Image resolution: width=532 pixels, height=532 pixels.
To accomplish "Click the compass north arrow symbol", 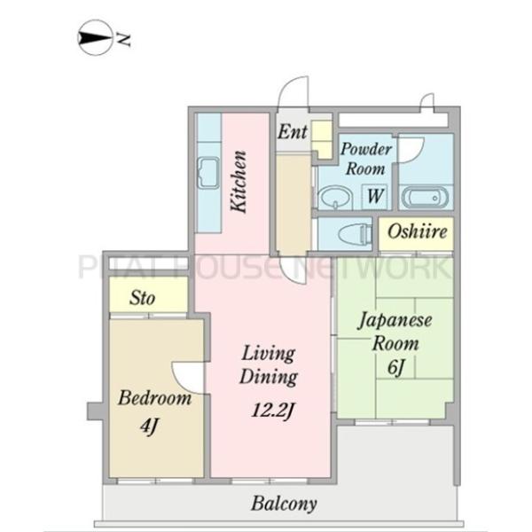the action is (95, 37).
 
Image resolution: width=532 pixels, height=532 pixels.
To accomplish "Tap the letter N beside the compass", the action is (123, 40).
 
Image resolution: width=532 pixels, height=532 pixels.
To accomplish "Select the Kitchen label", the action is (239, 182).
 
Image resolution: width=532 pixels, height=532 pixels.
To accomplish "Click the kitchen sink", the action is (208, 174).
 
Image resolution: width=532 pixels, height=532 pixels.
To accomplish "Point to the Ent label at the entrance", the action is (293, 131).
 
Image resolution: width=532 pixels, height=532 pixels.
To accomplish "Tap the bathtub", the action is (426, 198).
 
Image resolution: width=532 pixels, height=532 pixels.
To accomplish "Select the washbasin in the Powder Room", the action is (335, 198).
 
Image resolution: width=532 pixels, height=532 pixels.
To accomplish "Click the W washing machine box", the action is (376, 196).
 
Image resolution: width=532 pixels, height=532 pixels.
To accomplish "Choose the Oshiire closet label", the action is (418, 232).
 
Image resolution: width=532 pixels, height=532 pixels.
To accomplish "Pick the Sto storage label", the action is (142, 298).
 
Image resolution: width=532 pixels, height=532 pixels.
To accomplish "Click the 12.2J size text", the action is (273, 411).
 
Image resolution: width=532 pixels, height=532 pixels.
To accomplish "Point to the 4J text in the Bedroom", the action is (149, 426).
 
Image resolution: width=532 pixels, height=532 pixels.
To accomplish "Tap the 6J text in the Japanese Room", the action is (396, 367).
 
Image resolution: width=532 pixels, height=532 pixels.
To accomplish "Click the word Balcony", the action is (285, 505).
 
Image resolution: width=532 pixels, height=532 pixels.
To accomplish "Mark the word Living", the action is (268, 354).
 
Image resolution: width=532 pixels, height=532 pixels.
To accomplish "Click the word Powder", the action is (366, 149).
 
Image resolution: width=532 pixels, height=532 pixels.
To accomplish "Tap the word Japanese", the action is (395, 321).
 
